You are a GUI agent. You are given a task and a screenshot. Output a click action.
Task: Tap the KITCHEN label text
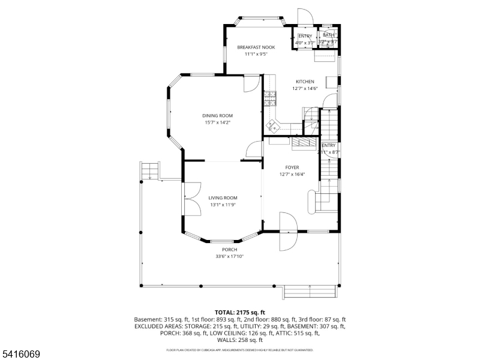click(304, 82)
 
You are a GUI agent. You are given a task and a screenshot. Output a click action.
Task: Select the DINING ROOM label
click(217, 116)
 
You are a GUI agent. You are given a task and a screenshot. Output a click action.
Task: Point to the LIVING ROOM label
click(223, 198)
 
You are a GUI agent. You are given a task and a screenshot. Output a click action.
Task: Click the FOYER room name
click(292, 168)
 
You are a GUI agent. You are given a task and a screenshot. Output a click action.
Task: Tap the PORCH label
click(229, 250)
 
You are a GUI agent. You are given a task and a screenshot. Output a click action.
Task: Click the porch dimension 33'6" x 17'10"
click(229, 257)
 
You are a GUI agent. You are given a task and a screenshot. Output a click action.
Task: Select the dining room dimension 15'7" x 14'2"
click(217, 122)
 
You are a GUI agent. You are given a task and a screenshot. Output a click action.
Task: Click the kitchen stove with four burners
click(268, 97)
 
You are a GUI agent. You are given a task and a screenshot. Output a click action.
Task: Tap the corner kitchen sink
click(274, 125)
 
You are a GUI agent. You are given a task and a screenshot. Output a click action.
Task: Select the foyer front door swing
click(288, 231)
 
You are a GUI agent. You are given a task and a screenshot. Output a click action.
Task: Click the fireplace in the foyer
click(303, 142)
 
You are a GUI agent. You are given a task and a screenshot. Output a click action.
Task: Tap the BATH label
click(328, 35)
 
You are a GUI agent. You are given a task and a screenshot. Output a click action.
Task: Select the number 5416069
click(20, 355)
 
